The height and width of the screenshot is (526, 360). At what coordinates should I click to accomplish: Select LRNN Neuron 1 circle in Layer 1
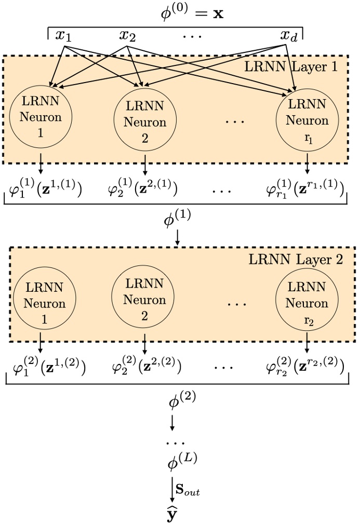pos(41,117)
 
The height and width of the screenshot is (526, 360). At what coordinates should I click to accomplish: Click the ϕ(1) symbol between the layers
pos(177,221)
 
